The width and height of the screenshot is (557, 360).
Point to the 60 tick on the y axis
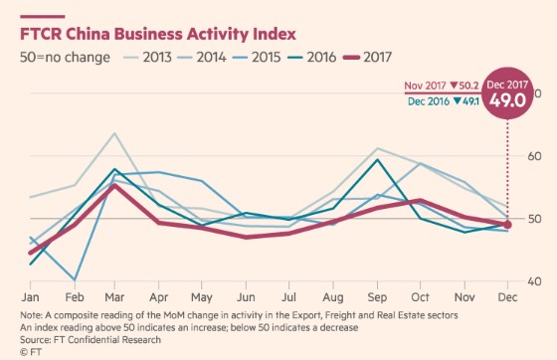[x=534, y=156]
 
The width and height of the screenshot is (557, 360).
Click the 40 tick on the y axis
[x=534, y=281]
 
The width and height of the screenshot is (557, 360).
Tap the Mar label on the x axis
[x=116, y=297]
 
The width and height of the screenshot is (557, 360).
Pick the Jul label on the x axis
[x=288, y=297]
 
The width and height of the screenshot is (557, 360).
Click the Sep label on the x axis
[x=376, y=297]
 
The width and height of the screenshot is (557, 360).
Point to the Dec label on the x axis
[x=506, y=297]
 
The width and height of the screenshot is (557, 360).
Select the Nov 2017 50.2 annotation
[x=444, y=87]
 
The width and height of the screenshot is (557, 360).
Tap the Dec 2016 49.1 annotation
[x=444, y=100]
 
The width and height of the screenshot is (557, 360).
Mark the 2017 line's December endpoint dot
[x=507, y=225]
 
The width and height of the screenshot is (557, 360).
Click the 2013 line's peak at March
[x=115, y=133]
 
